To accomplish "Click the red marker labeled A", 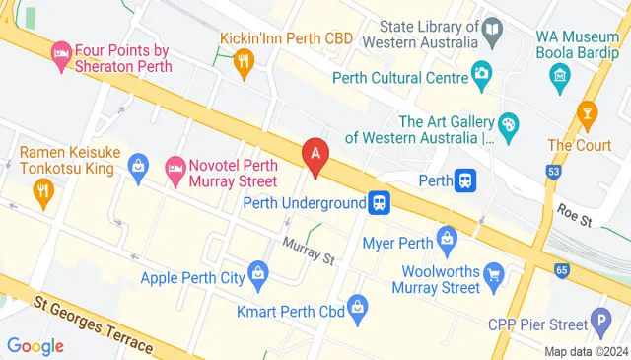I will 315,154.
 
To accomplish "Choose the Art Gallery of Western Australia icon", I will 509,124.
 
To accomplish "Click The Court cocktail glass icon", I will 589,111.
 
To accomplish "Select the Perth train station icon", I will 466,180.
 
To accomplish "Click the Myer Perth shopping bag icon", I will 448,238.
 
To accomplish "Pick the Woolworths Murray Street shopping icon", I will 491,272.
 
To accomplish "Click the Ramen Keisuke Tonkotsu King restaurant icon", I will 42,191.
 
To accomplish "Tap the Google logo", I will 35,345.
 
